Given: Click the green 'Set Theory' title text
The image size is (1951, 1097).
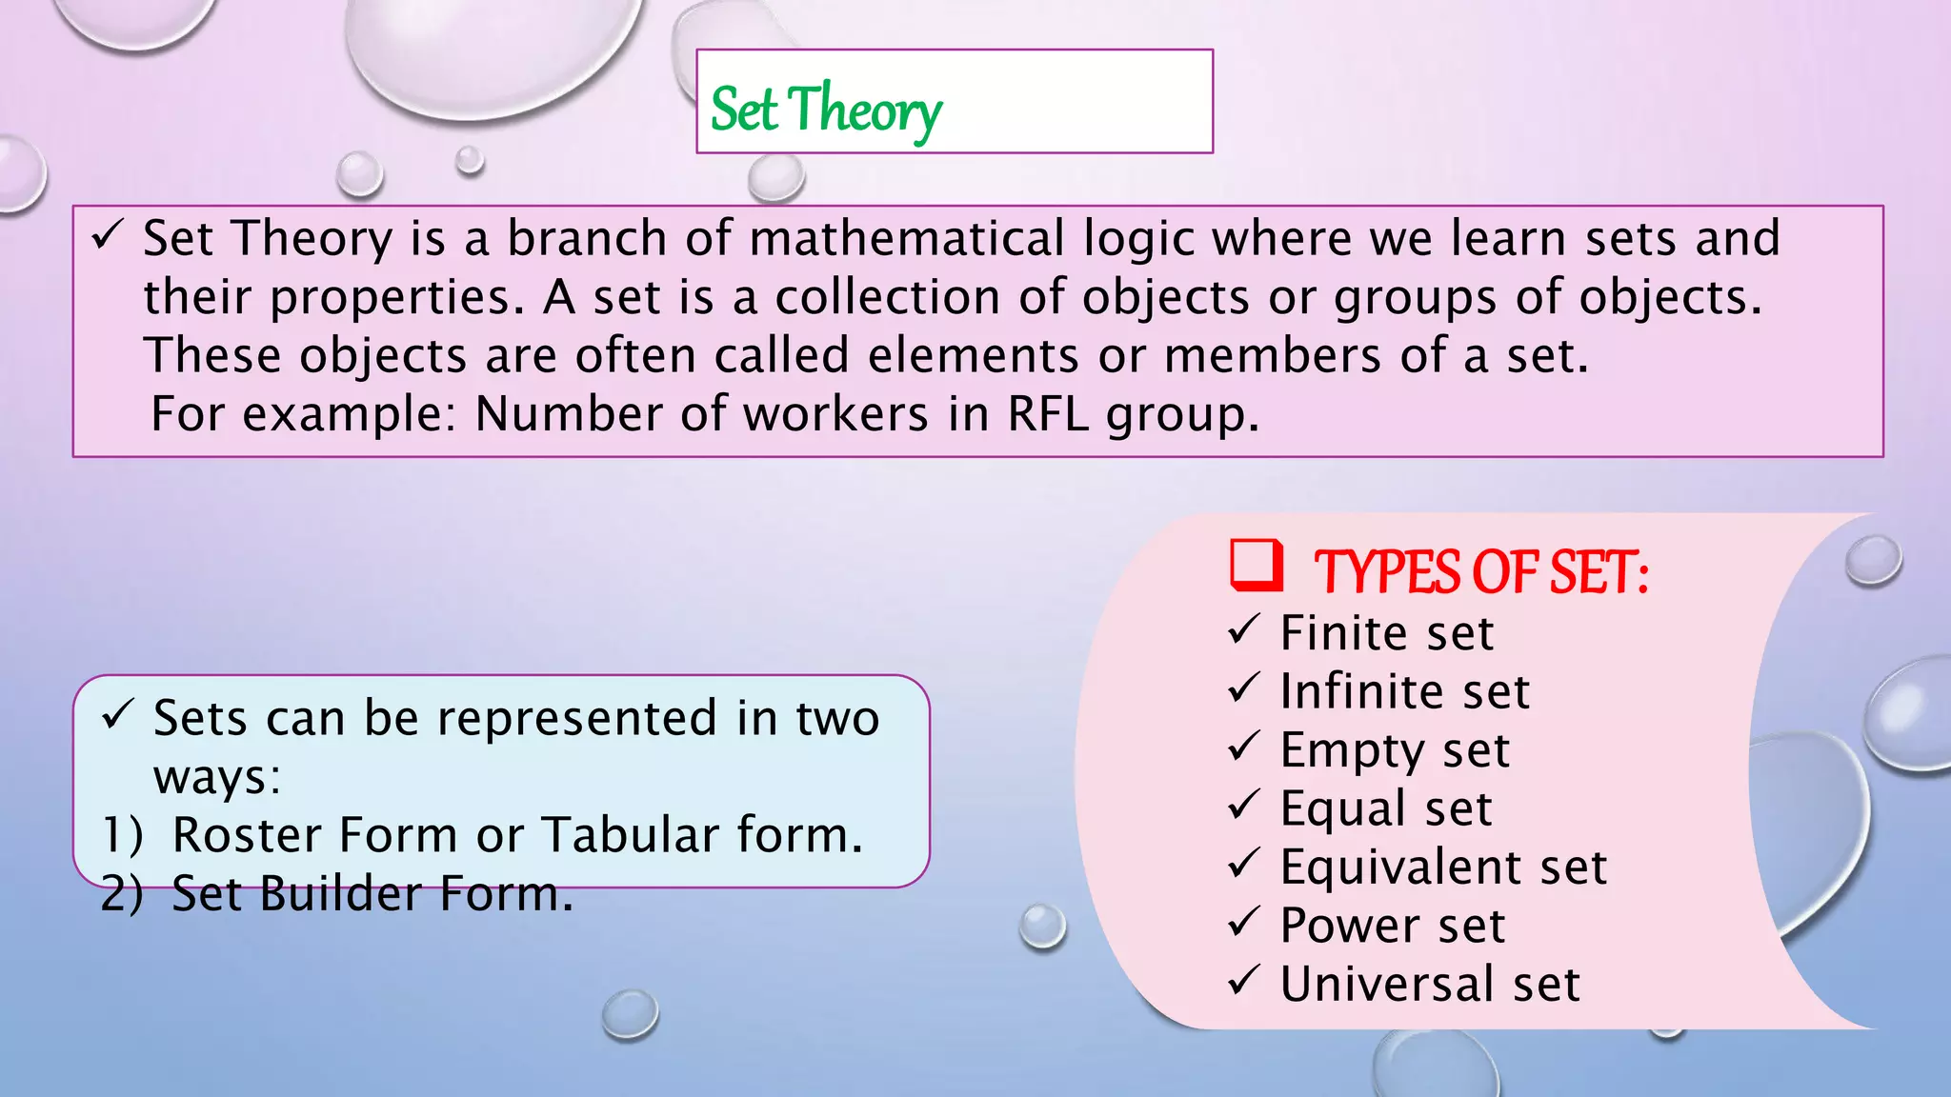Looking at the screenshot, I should (826, 110).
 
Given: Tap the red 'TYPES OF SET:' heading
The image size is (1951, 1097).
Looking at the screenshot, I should (1481, 572).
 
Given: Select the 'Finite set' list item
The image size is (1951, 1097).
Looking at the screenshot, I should (1387, 633).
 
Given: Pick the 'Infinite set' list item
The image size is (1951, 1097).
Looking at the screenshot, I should (1404, 691).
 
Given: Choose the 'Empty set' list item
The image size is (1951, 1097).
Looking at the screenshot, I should (1395, 750).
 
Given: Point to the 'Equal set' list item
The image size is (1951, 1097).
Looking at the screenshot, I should (1386, 808).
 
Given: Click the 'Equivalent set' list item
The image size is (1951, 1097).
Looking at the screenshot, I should (1443, 868).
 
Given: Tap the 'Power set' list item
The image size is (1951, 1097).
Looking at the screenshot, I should (1393, 926).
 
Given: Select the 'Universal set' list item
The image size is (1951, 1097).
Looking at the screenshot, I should (1430, 984).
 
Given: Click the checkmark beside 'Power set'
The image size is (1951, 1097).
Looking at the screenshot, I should (1244, 922).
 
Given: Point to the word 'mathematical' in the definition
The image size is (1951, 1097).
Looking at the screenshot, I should (907, 238).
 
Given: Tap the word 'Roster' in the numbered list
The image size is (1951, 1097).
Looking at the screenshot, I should (246, 835).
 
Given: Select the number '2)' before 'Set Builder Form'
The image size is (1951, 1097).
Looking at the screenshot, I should (122, 894).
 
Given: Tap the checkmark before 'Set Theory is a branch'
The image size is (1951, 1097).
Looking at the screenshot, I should (107, 234).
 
